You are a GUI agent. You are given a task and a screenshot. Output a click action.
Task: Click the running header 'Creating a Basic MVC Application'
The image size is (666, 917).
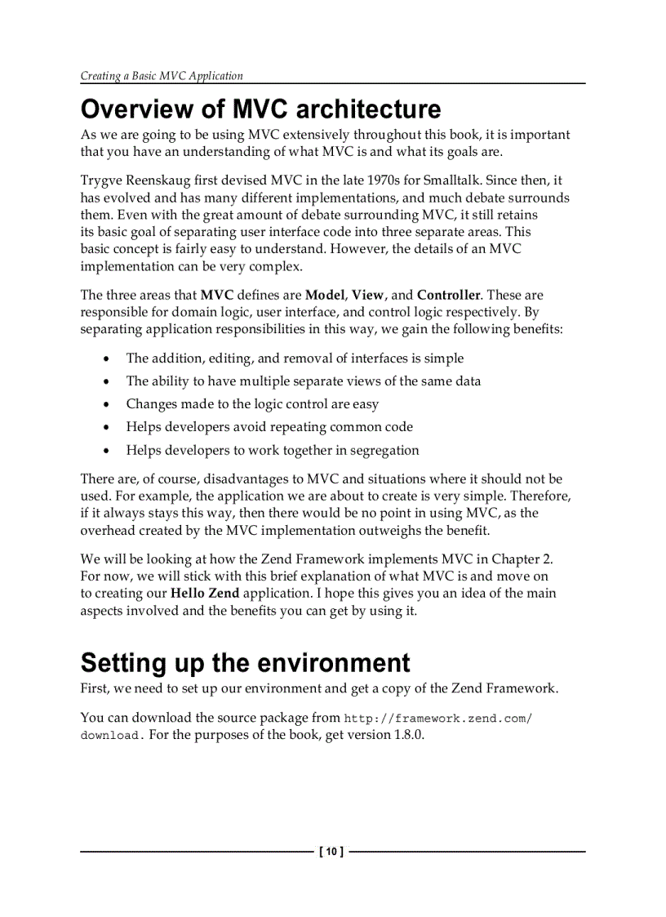[x=162, y=76]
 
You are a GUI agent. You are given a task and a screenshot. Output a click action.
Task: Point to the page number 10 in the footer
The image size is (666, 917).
[x=332, y=852]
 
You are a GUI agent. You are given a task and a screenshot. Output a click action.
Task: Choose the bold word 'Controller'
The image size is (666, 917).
[x=449, y=295]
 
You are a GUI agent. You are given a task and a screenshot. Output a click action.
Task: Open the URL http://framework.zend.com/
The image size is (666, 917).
[x=438, y=718]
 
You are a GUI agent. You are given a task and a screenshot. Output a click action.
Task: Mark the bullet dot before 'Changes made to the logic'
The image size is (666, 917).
[x=107, y=404]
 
